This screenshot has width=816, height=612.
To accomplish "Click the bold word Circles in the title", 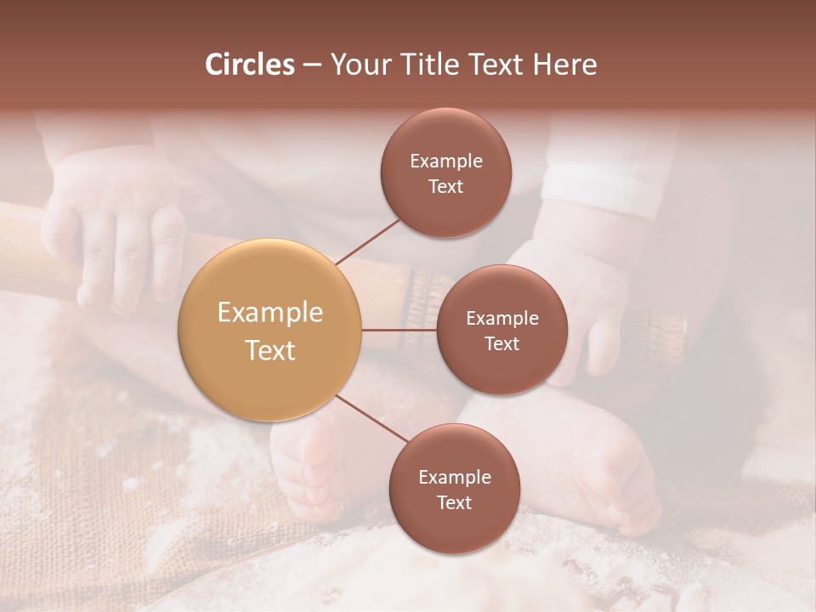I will click(x=250, y=65).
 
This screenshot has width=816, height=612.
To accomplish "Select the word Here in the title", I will click(x=564, y=65).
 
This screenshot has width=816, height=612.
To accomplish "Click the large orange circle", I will click(x=270, y=331).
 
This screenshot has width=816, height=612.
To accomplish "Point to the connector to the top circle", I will click(x=367, y=241).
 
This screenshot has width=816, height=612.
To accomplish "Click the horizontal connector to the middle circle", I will click(x=399, y=330).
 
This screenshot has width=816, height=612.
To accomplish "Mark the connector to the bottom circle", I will click(x=372, y=419).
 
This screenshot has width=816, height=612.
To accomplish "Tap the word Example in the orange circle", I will click(x=270, y=313).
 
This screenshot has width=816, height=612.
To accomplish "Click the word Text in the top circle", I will click(x=445, y=187).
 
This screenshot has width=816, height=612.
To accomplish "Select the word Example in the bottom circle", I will click(x=454, y=477).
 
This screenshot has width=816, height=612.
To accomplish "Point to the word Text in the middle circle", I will click(x=501, y=343).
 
